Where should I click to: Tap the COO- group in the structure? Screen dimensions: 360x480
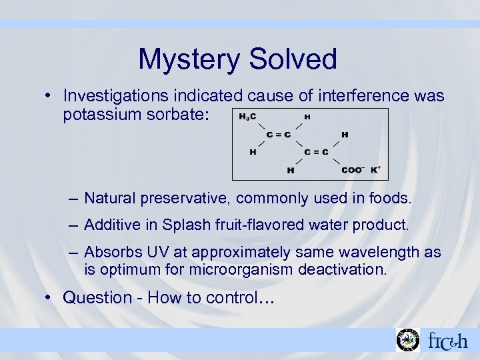pyautogui.click(x=351, y=170)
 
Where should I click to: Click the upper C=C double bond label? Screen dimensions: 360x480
pyautogui.click(x=278, y=135)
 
